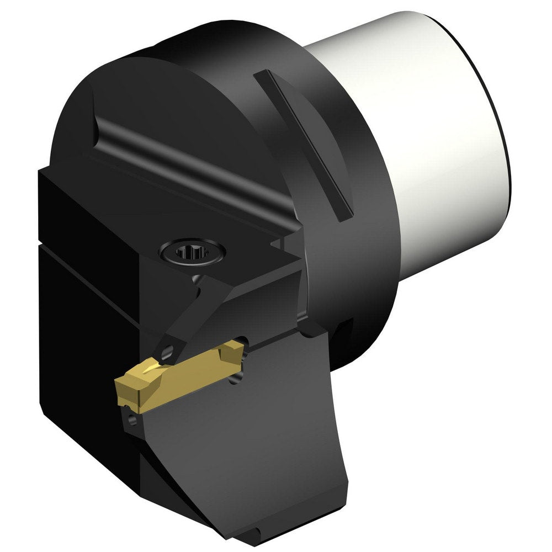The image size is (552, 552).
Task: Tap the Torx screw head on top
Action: [x=192, y=253]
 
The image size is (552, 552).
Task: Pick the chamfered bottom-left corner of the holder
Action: [x=55, y=420]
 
